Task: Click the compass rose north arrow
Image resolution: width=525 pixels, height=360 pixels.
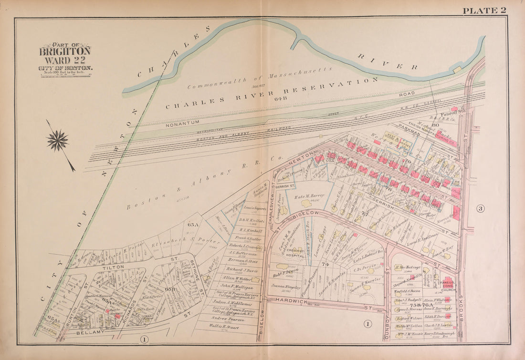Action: tap(58, 141)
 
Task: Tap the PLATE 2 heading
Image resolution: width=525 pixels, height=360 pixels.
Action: tap(484, 10)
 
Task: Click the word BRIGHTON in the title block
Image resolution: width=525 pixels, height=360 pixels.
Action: tap(65, 51)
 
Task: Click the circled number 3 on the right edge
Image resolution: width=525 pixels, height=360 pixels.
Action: tap(481, 208)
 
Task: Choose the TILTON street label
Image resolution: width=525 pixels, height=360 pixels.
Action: tap(112, 267)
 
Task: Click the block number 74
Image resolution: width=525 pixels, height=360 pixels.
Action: tap(325, 264)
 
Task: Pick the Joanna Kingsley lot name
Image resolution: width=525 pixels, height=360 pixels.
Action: tap(285, 288)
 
